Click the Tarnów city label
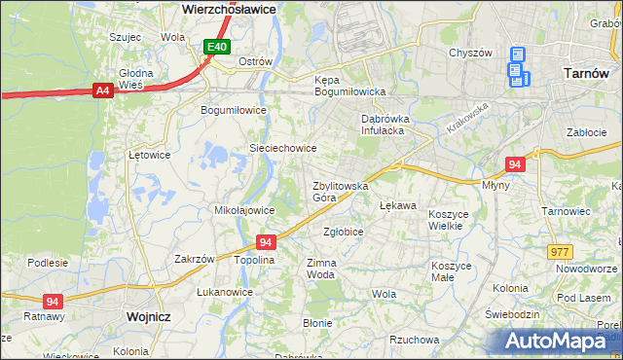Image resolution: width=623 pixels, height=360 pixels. (586, 73)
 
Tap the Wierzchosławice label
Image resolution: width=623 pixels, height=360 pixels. (230, 8)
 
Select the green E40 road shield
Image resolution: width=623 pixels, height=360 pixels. (217, 46)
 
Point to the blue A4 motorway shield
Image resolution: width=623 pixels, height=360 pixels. (102, 90)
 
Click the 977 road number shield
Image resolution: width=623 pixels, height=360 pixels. (560, 251)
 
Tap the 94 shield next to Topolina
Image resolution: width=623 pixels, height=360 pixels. (266, 241)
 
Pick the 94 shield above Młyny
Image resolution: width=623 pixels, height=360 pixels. (516, 164)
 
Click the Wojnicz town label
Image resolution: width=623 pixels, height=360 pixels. (149, 317)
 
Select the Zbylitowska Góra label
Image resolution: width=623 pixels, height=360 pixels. (339, 191)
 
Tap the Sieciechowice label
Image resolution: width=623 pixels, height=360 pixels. (283, 148)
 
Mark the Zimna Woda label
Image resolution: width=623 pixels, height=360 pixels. (321, 269)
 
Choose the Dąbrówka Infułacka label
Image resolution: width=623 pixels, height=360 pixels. (388, 124)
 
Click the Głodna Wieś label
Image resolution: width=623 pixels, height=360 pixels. (136, 79)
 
